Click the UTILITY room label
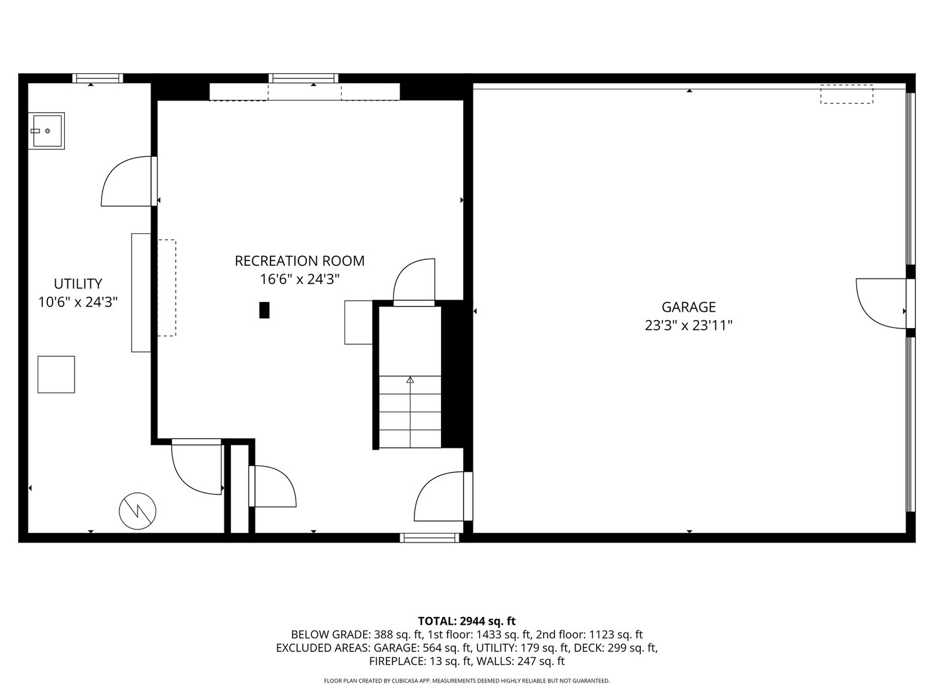78,283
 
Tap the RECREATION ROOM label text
299,261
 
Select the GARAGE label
688,307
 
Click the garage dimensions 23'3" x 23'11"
688,325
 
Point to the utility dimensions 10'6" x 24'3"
78,301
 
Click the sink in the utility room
46,130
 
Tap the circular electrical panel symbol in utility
138,511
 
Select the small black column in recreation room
264,310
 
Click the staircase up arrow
410,380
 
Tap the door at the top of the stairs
414,282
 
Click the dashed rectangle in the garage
846,94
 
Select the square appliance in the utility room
56,374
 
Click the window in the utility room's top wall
97,78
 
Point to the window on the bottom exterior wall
429,537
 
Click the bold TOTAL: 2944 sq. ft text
466,621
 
